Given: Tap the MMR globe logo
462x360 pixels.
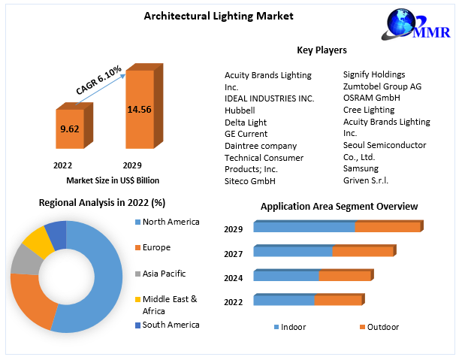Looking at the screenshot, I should (x=406, y=24).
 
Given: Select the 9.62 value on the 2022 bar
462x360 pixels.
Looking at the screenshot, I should (x=69, y=129).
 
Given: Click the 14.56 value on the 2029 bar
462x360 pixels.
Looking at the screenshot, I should (x=139, y=109).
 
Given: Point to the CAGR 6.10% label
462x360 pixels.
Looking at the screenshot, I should (x=98, y=80).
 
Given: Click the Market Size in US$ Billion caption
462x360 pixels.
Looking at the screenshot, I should (x=113, y=180).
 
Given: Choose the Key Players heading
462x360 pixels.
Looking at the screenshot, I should (x=322, y=50).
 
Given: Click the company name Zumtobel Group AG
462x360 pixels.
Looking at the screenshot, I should (x=382, y=86).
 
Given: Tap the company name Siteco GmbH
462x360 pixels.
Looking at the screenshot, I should (x=250, y=181).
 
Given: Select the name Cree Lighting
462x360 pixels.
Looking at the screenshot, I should (x=369, y=110).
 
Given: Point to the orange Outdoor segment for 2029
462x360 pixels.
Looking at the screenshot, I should (x=387, y=226).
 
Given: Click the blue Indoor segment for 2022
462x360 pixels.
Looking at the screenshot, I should (x=283, y=300).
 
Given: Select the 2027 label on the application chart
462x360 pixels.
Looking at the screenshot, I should (x=233, y=254).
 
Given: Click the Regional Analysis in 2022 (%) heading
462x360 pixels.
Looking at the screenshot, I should (x=102, y=203).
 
